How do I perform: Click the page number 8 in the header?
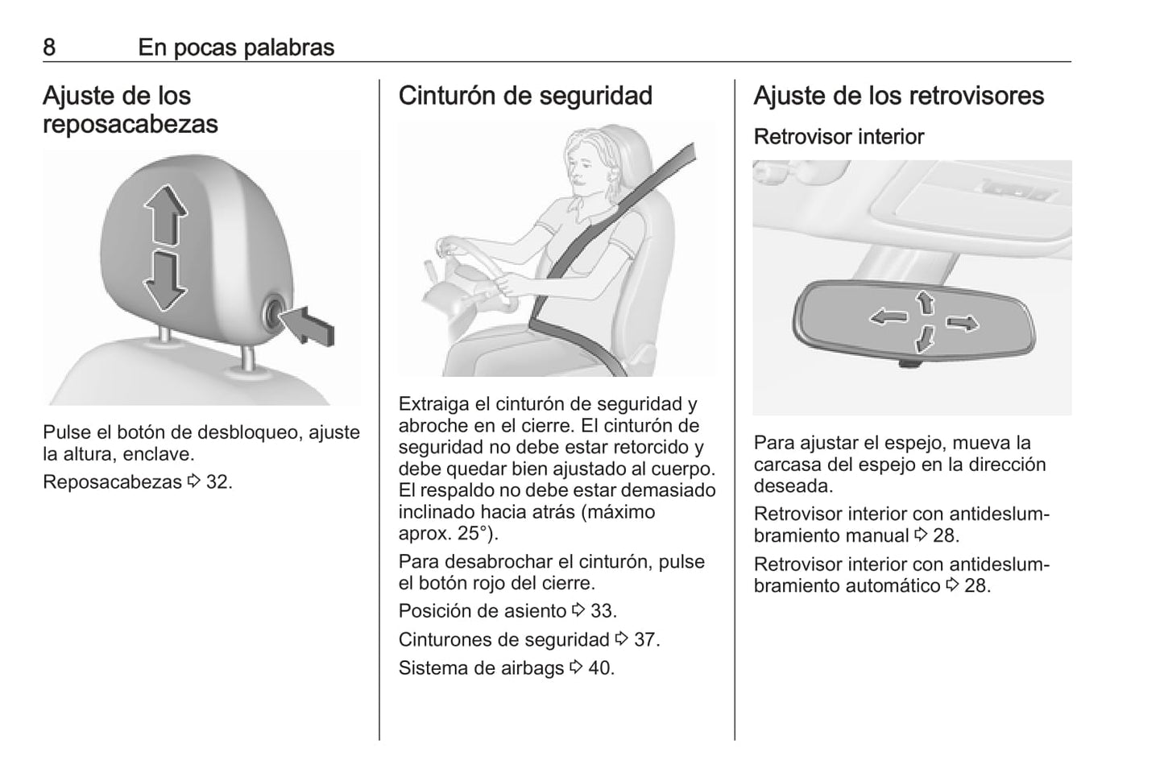(x=49, y=48)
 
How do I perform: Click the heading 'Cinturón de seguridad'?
(x=525, y=96)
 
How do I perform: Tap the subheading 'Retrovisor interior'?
(x=839, y=137)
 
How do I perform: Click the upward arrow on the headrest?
(x=166, y=214)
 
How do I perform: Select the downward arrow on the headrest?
(x=165, y=281)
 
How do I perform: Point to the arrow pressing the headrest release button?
(x=309, y=326)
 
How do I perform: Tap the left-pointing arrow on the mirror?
(x=889, y=316)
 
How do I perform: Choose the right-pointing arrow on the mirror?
(x=963, y=324)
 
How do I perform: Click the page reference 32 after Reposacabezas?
(x=219, y=482)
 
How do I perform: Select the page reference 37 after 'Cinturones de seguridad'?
(x=646, y=639)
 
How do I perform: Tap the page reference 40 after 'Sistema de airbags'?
(x=601, y=668)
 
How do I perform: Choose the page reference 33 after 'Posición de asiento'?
(x=603, y=611)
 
